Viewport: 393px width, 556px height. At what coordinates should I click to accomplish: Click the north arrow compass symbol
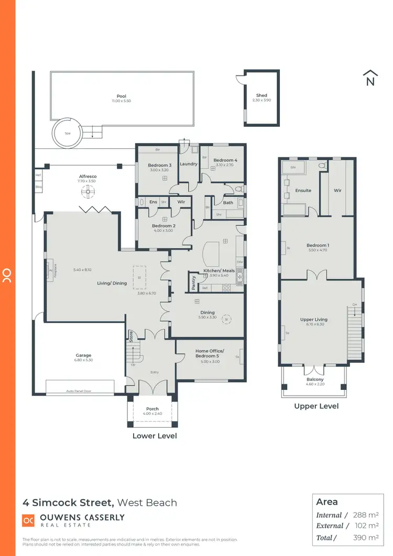(370, 78)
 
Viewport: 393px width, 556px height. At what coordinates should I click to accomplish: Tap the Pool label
(121, 96)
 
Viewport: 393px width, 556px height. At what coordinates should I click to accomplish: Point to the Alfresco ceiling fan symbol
(88, 193)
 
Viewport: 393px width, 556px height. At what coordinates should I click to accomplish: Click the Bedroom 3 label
(159, 166)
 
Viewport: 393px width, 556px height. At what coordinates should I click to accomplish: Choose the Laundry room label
(188, 164)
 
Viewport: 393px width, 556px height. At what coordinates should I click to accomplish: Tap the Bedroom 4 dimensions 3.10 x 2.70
(225, 165)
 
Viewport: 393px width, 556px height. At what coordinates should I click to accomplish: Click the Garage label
(83, 355)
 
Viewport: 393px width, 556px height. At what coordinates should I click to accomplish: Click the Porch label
(152, 409)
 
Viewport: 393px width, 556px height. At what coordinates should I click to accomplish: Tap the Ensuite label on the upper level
(303, 190)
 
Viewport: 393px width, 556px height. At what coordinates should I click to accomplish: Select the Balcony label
(315, 379)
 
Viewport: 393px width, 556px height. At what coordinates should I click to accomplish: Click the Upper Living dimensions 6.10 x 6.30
(314, 324)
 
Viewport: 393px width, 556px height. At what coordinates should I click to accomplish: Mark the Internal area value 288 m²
(366, 515)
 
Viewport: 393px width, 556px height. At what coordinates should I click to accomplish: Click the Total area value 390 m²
(366, 537)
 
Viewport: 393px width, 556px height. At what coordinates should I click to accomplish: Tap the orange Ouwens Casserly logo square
(28, 520)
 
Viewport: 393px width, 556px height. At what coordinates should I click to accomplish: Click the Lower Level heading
(155, 435)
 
